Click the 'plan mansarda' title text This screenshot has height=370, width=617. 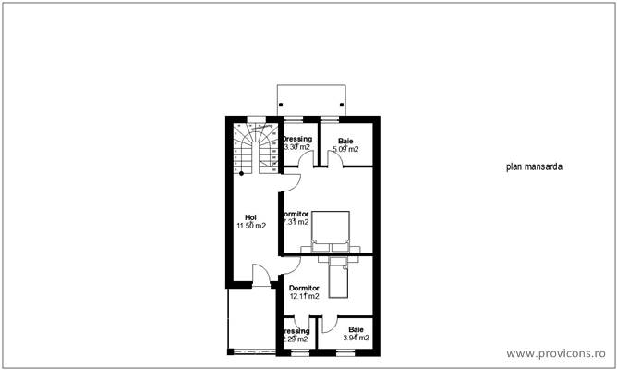[534, 168]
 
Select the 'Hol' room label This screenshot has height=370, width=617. [250, 217]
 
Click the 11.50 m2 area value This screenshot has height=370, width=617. [250, 226]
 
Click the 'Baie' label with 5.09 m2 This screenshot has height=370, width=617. [345, 141]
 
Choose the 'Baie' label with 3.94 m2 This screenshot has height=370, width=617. [356, 330]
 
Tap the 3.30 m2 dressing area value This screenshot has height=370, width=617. [297, 148]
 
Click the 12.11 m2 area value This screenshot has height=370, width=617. [304, 297]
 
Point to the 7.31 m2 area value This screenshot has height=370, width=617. [296, 222]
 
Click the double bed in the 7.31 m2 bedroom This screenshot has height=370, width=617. [332, 230]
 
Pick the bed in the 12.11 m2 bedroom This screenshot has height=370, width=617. [341, 276]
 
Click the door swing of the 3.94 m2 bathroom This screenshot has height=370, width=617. [331, 325]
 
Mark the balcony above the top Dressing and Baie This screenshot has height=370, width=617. [313, 100]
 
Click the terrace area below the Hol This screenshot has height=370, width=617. [250, 319]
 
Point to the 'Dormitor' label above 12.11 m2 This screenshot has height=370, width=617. [304, 288]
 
